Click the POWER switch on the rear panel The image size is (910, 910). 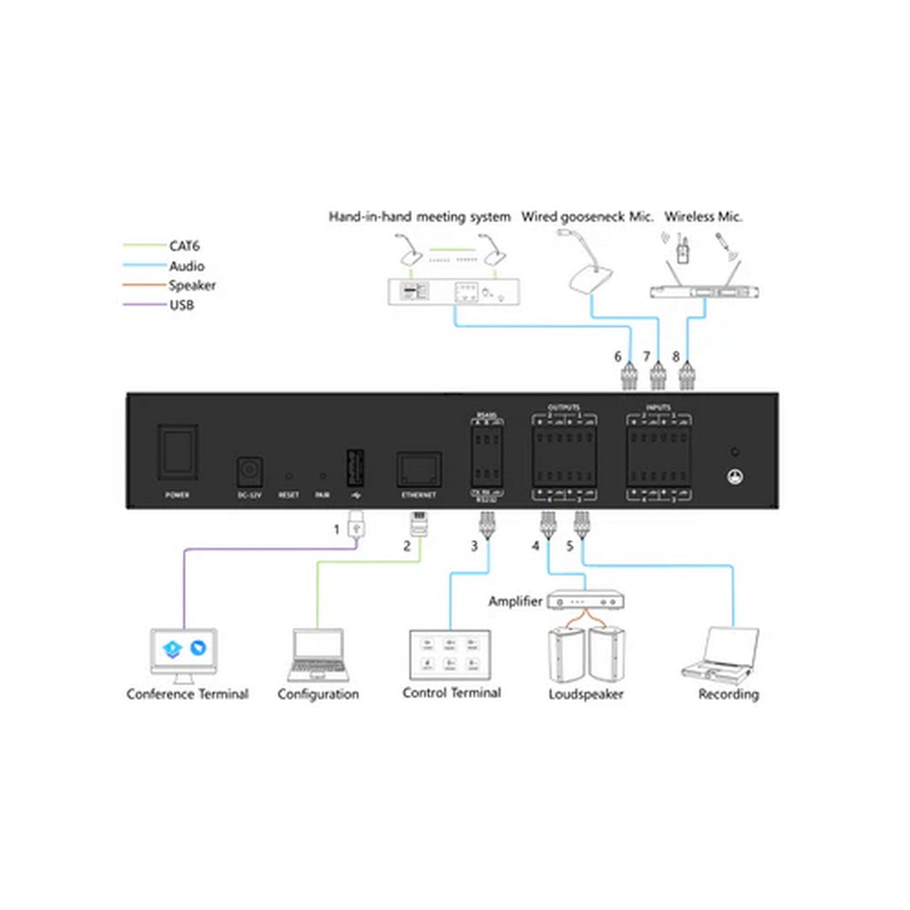coord(177,452)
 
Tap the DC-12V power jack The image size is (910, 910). coord(249,472)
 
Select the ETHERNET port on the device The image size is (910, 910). coord(418,470)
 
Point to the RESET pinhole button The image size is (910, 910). coord(289,475)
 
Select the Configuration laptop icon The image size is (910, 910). coord(318,654)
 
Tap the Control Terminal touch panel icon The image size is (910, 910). coord(450,654)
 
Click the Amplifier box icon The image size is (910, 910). coord(585,600)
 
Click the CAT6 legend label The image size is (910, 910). coord(184,246)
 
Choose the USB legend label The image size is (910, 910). coord(181,305)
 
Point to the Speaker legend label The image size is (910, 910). coord(192,286)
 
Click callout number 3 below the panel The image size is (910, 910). coord(474,546)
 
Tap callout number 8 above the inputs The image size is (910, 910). coord(675,357)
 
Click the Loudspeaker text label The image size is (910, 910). coord(585,694)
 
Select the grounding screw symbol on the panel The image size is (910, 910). coord(735,476)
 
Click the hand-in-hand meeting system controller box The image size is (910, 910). coord(454,291)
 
